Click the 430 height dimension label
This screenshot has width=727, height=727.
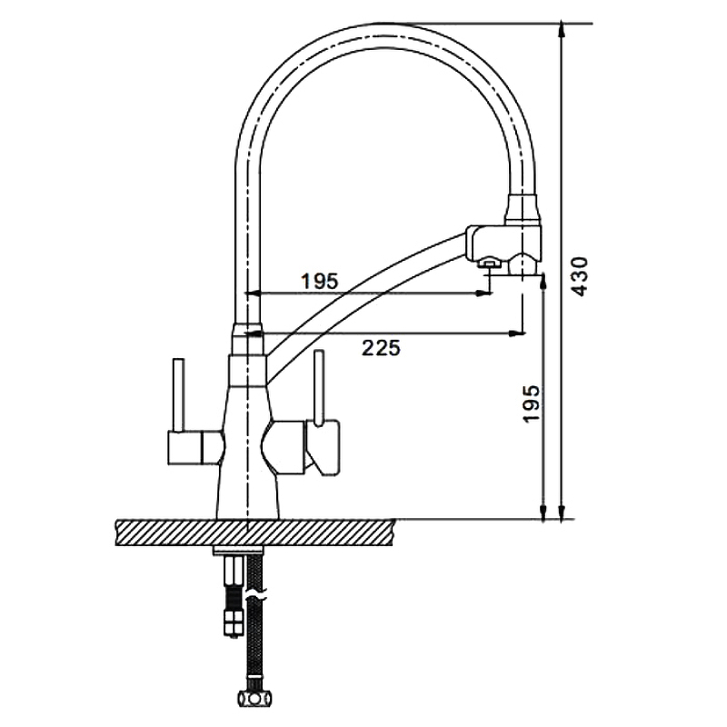[579, 276]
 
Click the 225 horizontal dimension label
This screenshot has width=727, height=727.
[381, 348]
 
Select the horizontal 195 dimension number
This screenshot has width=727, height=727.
[320, 281]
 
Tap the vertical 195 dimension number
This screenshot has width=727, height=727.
[532, 403]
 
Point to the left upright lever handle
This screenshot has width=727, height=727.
[178, 394]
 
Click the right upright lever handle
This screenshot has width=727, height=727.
[318, 387]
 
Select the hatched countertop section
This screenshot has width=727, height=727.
[254, 533]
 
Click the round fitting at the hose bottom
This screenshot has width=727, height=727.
[254, 698]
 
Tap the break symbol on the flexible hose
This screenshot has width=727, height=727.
[256, 594]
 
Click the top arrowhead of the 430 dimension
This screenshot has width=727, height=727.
[562, 30]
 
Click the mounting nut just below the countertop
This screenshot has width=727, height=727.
[237, 551]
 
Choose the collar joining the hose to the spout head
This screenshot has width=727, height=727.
[523, 211]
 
